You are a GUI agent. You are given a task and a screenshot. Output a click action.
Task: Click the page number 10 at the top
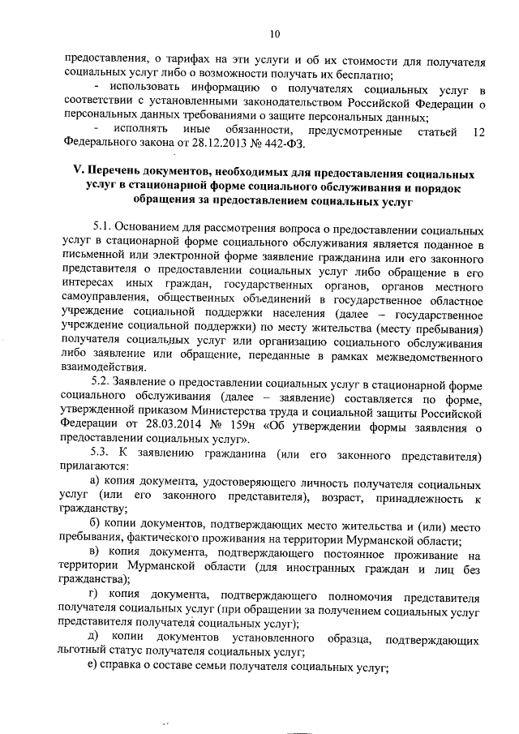[274, 34]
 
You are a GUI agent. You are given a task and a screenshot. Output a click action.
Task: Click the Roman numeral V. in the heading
[68, 174]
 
